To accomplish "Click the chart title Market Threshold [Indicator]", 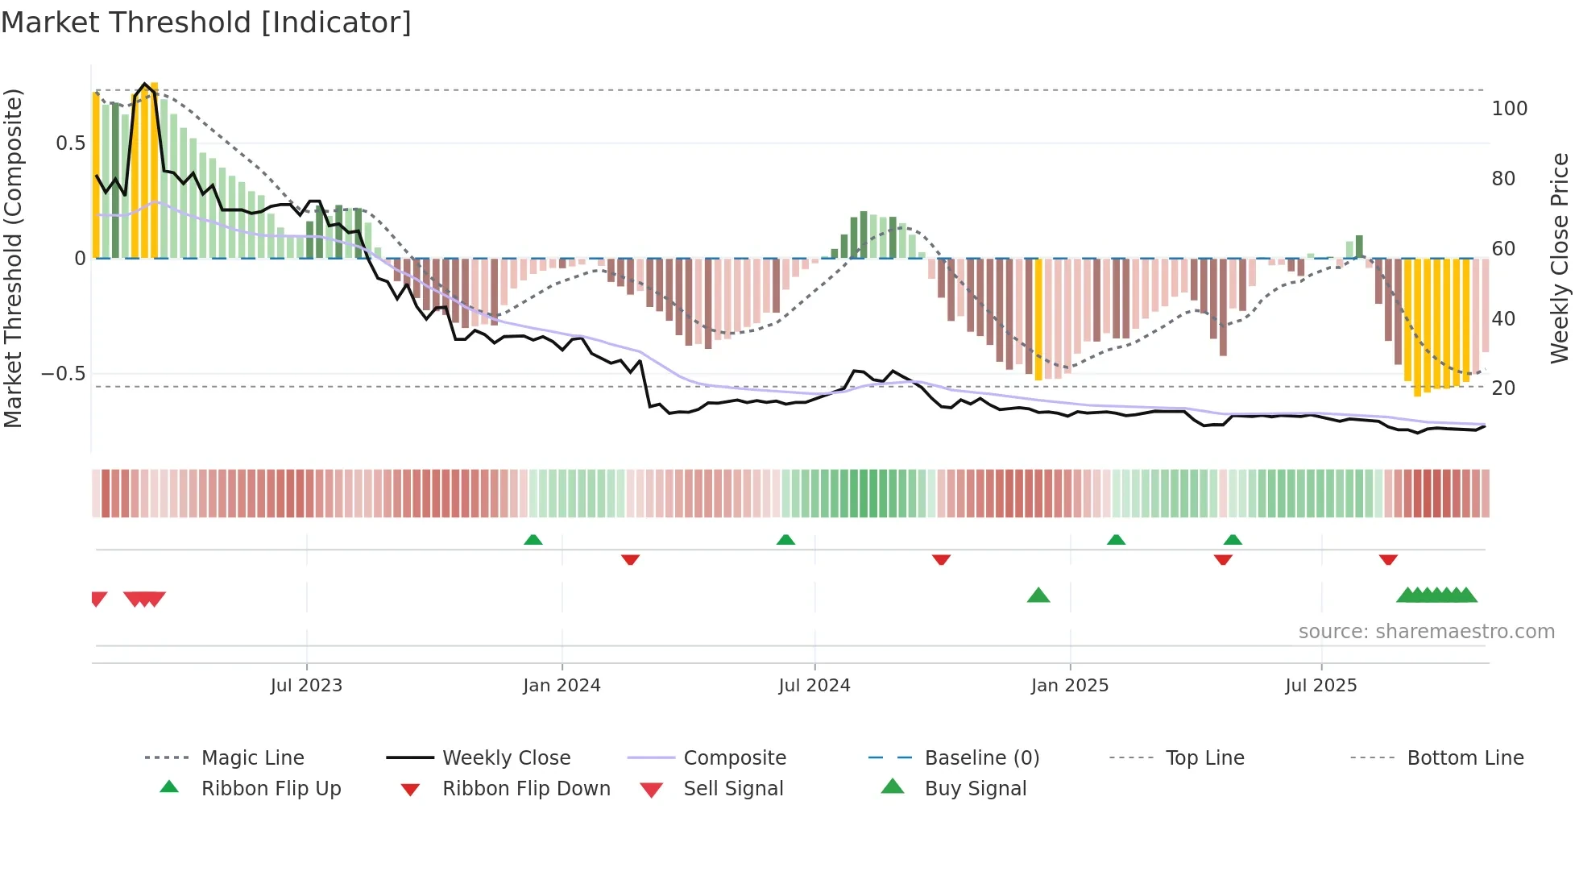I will (x=206, y=23).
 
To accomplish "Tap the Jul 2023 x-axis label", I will (x=306, y=686).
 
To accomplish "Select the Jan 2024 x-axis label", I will (x=562, y=686).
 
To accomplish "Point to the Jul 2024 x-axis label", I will (x=814, y=686).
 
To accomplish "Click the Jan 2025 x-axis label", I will (x=1069, y=686).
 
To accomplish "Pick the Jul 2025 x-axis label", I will (x=1320, y=686).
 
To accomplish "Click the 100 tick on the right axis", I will (x=1509, y=109).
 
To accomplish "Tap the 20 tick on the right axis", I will (x=1503, y=388).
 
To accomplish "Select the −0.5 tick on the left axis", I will (x=63, y=374).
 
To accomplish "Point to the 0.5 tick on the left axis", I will (x=70, y=143).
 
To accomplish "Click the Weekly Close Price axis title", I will (x=1560, y=258).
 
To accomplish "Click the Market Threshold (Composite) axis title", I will (x=13, y=258).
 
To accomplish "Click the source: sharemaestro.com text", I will (x=1426, y=632).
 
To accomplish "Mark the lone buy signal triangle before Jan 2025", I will (x=1038, y=595).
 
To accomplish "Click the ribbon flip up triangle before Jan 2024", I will (x=533, y=540).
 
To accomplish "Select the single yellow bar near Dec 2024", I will (x=1038, y=319).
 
